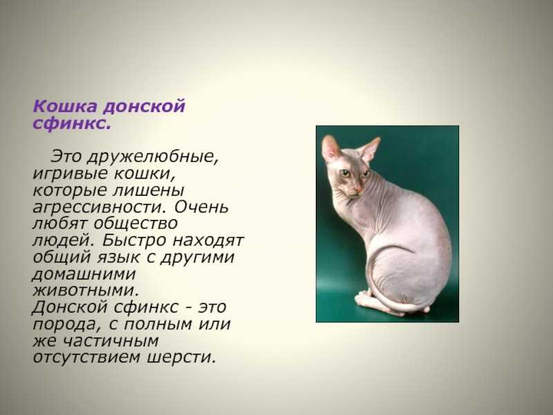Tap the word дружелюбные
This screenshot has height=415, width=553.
(152, 157)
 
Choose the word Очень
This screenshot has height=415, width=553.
(201, 206)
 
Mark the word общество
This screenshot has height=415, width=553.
(135, 223)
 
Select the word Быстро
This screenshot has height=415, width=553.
(134, 240)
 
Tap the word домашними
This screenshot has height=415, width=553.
(84, 275)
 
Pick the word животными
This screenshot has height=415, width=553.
(86, 290)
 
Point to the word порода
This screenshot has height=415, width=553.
(64, 324)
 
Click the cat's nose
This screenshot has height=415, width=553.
(357, 190)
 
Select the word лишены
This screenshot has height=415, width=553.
(149, 191)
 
